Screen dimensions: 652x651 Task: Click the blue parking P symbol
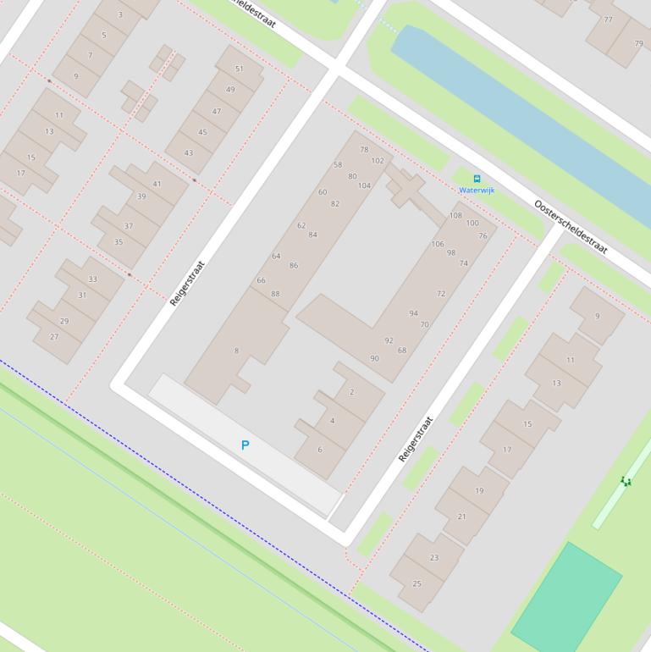click(246, 445)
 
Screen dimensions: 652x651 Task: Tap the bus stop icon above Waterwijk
click(477, 179)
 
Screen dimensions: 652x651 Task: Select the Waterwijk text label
click(477, 191)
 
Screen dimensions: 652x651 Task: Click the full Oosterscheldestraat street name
click(571, 227)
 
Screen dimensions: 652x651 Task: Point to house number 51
click(239, 69)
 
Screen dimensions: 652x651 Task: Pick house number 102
click(378, 160)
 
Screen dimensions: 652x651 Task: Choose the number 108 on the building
click(455, 216)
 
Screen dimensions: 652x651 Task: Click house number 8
click(236, 351)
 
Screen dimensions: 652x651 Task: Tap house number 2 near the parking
click(351, 392)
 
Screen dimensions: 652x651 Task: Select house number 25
click(417, 583)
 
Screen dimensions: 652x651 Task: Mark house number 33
click(92, 279)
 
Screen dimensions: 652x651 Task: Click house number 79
click(638, 44)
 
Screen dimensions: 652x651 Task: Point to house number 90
click(374, 358)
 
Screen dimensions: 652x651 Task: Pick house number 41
click(157, 184)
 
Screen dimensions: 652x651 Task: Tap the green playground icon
click(626, 481)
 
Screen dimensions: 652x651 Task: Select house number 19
click(479, 490)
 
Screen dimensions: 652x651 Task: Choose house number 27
click(54, 336)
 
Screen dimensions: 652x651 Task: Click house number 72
click(441, 294)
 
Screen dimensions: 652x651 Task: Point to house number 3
click(120, 14)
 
